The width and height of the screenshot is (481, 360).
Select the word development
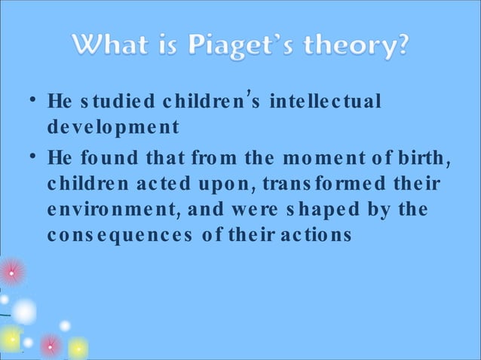113,127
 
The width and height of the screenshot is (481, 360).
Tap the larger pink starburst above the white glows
13,272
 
